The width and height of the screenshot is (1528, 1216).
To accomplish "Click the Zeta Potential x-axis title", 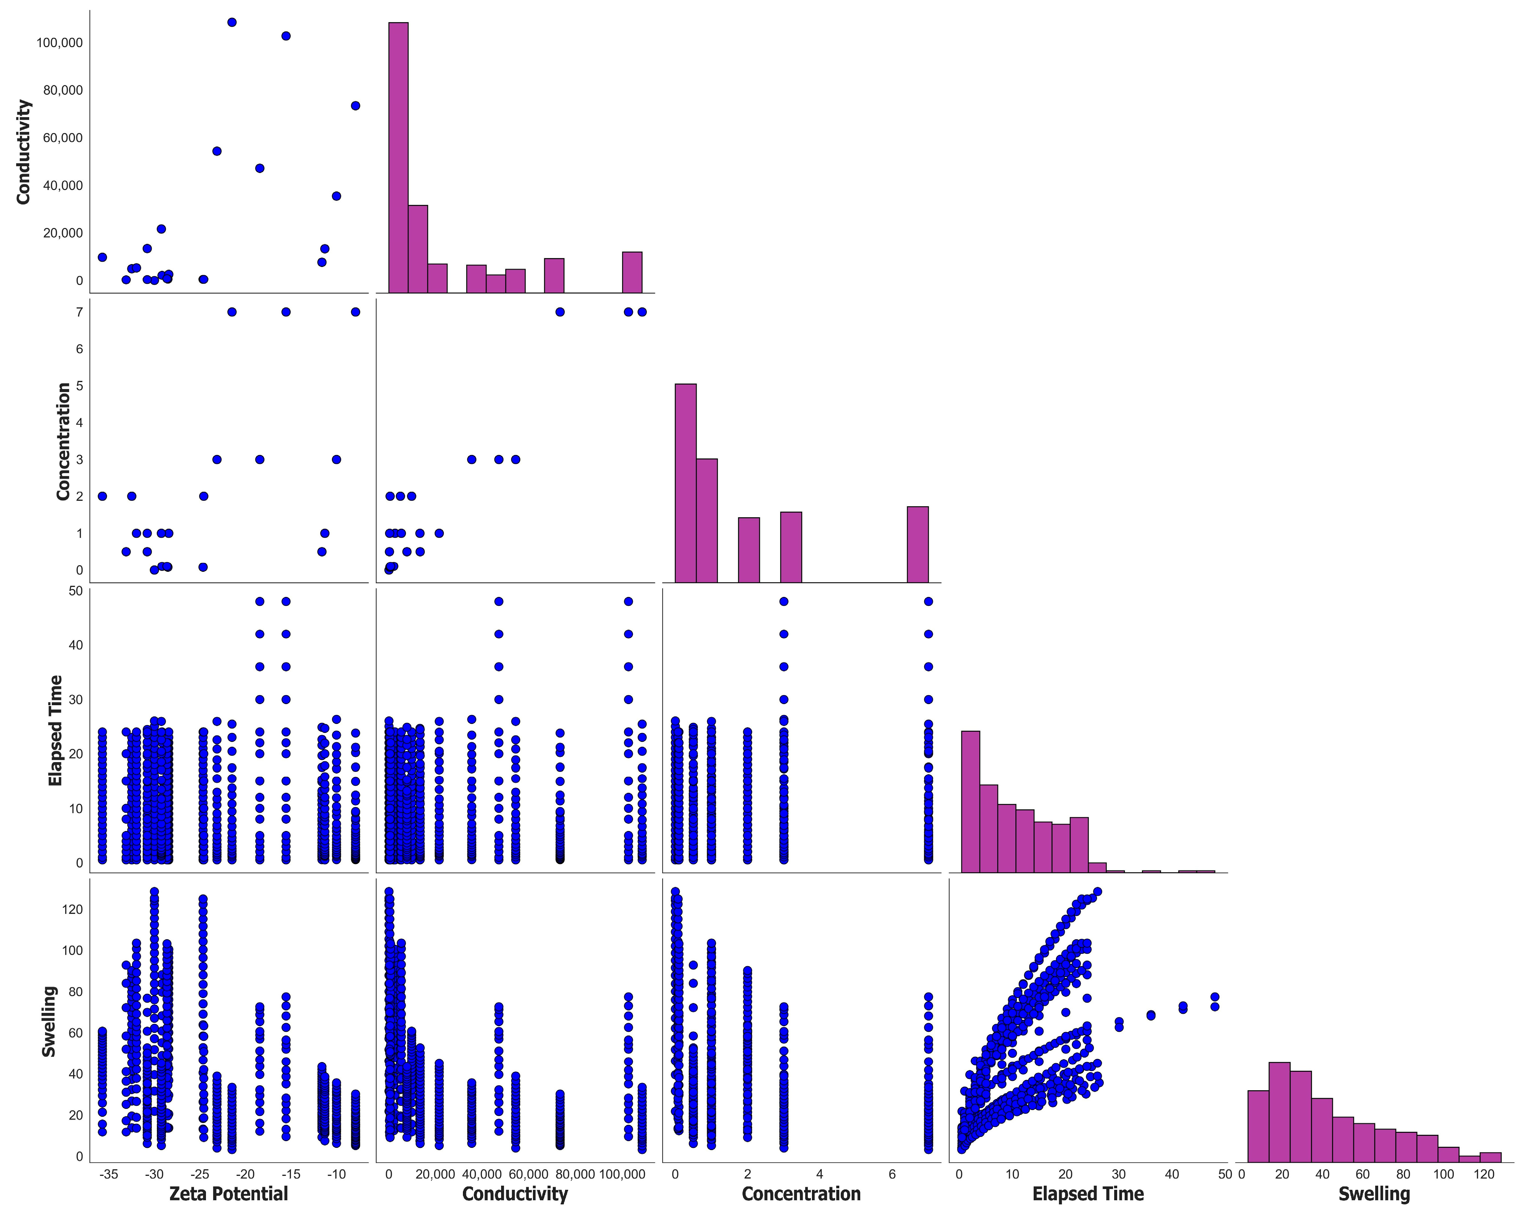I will click(x=228, y=1194).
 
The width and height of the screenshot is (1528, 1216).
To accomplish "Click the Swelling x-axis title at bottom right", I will click(x=1373, y=1194).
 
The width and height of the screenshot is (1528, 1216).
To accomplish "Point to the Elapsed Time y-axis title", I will click(x=55, y=731).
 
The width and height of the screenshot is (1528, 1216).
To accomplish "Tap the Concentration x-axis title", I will click(x=801, y=1194).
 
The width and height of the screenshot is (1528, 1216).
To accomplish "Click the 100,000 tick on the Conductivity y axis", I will click(x=60, y=43).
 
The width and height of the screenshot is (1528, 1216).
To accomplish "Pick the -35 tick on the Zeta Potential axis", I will click(x=109, y=1174).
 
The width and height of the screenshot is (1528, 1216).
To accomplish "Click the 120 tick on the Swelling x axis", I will click(x=1484, y=1174).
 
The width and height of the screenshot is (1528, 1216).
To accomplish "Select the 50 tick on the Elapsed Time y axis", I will click(x=76, y=590).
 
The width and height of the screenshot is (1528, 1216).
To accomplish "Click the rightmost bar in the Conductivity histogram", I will click(x=632, y=272).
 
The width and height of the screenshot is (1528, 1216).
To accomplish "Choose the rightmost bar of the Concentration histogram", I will click(x=918, y=544).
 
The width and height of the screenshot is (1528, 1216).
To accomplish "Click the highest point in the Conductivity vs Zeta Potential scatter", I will click(x=232, y=22).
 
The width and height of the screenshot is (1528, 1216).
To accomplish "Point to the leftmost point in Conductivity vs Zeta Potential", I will click(x=102, y=257).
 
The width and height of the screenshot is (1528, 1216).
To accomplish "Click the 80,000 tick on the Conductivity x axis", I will click(x=575, y=1174).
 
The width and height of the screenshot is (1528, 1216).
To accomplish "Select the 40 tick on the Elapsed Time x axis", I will click(x=1172, y=1174).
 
